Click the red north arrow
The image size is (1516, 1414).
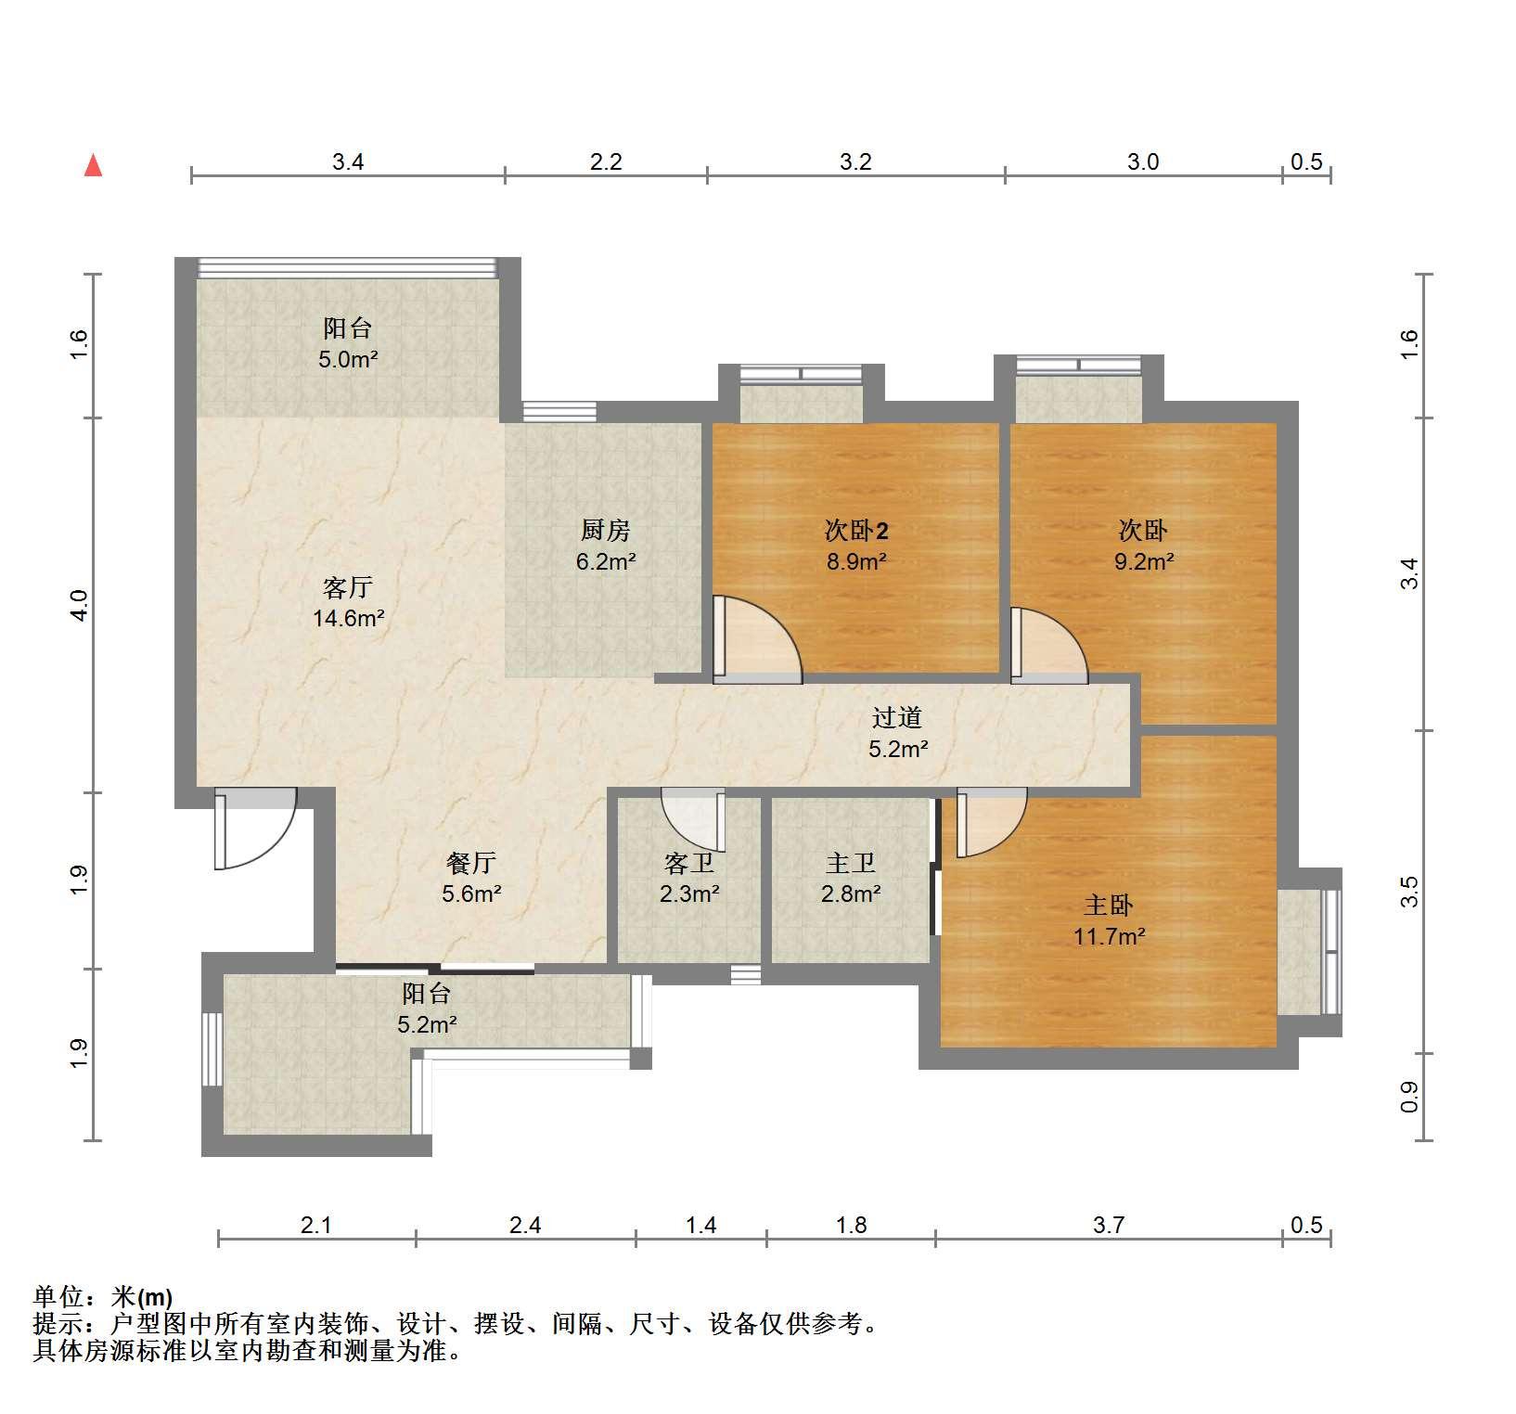(x=93, y=166)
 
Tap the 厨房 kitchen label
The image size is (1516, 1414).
(x=605, y=530)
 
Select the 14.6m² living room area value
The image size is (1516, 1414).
(x=349, y=618)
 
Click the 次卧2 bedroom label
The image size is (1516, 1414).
(x=856, y=531)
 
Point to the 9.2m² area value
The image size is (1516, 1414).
(x=1144, y=560)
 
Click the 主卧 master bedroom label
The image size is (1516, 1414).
(x=1109, y=906)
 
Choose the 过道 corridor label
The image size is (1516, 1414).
(x=897, y=717)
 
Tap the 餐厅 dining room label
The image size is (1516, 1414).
(x=471, y=863)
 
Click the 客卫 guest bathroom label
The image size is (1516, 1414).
(x=689, y=864)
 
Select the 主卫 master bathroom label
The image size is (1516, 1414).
(x=851, y=864)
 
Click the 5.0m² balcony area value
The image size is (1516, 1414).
(x=348, y=359)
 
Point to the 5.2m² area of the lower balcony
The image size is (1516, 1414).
(x=427, y=1025)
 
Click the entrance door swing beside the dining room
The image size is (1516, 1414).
(x=255, y=828)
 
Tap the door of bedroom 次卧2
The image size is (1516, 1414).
(x=757, y=640)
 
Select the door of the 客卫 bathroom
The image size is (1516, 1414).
(x=692, y=816)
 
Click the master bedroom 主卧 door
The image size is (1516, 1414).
(x=991, y=822)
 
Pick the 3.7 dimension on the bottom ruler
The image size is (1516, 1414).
(x=1109, y=1225)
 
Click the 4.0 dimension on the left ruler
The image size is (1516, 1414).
(x=80, y=605)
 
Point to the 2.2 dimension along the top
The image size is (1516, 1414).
(x=606, y=161)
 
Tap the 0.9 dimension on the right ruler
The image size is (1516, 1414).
(x=1409, y=1098)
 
